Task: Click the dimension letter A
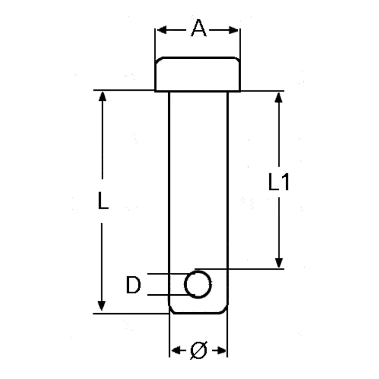pos(199,29)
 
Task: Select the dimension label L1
pos(279,182)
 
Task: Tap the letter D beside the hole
pos(134,286)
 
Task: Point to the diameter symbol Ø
pos(199,351)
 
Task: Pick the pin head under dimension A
pos(198,74)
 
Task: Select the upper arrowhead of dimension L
pos(102,96)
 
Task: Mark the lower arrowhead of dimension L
pos(101,306)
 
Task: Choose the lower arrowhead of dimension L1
pos(279,262)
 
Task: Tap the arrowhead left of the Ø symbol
pos(175,351)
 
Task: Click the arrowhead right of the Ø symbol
pos(222,351)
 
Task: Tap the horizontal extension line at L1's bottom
pos(256,269)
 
